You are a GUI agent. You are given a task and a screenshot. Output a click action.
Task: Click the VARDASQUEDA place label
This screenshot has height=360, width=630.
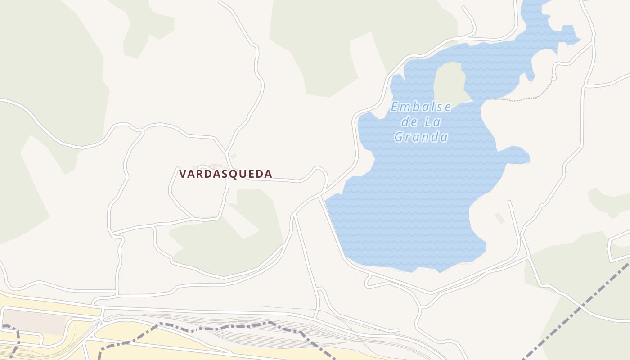tap(225, 174)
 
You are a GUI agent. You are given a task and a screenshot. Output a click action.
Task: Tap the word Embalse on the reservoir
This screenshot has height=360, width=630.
tap(421, 107)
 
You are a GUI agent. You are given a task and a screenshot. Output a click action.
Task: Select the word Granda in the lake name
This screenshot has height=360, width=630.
tap(421, 137)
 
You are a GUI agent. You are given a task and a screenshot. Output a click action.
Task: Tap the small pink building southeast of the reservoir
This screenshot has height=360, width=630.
tap(499, 218)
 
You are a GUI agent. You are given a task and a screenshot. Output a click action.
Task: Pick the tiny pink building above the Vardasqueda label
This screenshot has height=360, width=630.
tap(233, 157)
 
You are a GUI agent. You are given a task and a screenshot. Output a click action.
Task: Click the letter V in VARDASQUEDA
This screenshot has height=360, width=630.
tap(183, 174)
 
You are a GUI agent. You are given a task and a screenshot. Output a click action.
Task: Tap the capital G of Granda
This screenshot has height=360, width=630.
tap(399, 137)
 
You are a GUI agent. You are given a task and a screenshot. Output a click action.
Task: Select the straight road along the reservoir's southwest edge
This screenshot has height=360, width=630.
tap(333, 229)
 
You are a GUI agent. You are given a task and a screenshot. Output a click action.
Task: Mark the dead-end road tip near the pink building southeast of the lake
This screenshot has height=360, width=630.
tap(509, 202)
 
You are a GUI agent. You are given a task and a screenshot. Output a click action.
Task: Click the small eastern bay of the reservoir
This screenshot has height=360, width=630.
tap(517, 155)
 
